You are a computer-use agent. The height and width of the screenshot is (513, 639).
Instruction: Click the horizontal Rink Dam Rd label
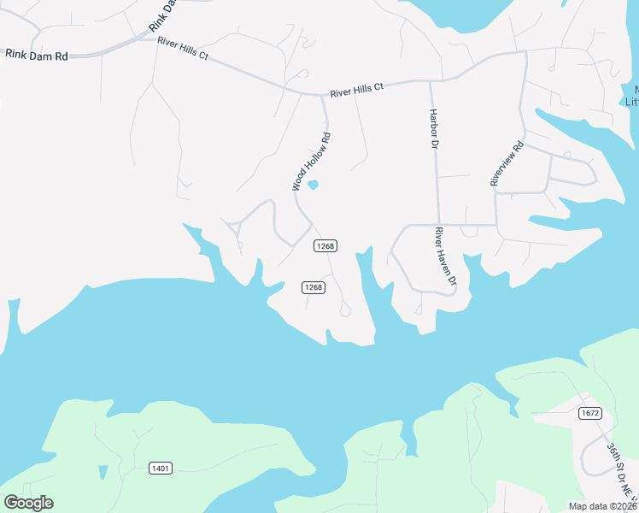(37, 55)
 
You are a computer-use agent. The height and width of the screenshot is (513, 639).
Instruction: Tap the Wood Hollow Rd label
(310, 162)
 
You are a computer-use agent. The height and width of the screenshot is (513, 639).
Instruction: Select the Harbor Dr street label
(433, 128)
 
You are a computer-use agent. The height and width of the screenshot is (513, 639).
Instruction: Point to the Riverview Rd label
(506, 162)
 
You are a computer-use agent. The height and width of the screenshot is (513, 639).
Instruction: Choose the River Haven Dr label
(446, 256)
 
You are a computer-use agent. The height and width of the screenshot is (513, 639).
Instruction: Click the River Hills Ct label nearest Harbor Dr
(357, 88)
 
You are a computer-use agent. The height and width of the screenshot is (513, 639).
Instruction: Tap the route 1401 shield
(160, 468)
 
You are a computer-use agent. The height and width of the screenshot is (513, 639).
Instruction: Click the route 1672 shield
(589, 414)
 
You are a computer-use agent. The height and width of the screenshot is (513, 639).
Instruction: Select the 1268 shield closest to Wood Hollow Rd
(325, 245)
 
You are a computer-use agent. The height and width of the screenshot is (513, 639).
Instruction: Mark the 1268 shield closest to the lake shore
(314, 287)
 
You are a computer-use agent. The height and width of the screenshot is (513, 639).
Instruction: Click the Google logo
(28, 502)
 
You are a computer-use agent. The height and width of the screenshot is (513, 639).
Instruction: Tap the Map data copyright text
(603, 506)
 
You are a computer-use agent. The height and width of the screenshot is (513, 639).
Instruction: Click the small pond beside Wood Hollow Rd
(314, 185)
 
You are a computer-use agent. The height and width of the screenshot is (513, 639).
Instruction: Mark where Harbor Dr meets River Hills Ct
(430, 82)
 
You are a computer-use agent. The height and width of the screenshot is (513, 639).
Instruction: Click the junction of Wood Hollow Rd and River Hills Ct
(322, 96)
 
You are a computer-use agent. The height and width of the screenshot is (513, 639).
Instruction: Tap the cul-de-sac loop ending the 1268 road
(344, 310)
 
